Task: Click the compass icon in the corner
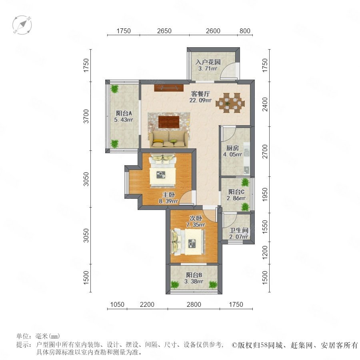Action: click(x=22, y=25)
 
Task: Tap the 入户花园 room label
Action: click(x=208, y=62)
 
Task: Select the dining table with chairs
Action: click(x=230, y=103)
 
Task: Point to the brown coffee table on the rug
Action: click(x=169, y=122)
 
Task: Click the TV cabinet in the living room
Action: click(x=169, y=88)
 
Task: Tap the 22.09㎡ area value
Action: click(x=200, y=100)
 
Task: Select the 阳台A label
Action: click(x=124, y=113)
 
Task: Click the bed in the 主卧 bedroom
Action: click(x=163, y=171)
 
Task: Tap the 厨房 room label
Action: click(x=232, y=148)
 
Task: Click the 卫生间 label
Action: click(x=239, y=230)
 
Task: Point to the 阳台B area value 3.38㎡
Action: click(x=194, y=281)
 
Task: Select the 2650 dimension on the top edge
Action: click(x=164, y=31)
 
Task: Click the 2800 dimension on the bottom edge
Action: click(x=194, y=304)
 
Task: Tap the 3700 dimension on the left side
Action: click(x=86, y=116)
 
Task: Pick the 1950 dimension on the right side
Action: click(x=265, y=194)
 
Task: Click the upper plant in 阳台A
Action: click(x=114, y=89)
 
